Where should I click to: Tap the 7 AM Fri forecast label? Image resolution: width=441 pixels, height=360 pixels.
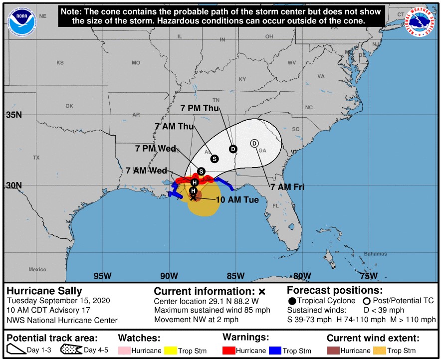287,187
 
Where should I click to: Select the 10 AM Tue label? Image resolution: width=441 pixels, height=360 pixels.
237,199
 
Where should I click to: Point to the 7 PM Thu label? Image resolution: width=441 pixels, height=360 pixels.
200,108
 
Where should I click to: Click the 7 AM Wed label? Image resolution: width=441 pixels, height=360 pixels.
146,171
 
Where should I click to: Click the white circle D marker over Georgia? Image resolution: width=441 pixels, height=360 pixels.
254,143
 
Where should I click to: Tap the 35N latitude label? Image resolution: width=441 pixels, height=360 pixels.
14,115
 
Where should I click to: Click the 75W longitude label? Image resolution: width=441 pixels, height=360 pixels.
368,276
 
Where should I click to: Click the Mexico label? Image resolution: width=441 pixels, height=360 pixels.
37,269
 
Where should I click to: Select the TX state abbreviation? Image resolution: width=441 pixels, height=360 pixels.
36,158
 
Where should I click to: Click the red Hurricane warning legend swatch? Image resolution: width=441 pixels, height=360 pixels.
229,351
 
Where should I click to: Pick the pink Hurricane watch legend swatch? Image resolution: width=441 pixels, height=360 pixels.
124,351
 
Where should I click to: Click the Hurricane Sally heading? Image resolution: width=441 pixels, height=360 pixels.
44,291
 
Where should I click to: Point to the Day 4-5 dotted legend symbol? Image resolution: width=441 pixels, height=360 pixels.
71,350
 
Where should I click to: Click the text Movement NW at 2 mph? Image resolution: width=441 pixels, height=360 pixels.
197,320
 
